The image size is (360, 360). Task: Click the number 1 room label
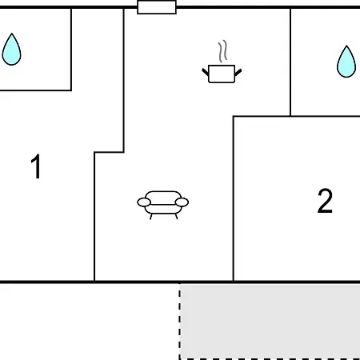click(x=36, y=166)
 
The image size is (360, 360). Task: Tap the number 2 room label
click(x=325, y=201)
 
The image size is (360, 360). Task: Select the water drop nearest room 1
click(x=11, y=50)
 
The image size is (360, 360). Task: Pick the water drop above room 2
click(x=346, y=62)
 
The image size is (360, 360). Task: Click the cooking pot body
click(x=222, y=74)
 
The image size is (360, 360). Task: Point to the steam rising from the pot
click(x=222, y=51)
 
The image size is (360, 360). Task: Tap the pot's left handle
click(x=206, y=72)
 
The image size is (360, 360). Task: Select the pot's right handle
click(x=238, y=73)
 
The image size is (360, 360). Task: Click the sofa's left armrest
click(x=144, y=202)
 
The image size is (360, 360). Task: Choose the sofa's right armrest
click(x=182, y=202)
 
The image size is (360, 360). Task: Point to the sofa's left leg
click(x=151, y=217)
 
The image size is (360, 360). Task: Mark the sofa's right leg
click(x=176, y=217)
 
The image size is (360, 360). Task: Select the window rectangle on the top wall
click(x=157, y=7)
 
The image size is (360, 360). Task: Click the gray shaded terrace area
click(x=270, y=322)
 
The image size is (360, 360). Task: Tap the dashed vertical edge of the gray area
click(x=180, y=322)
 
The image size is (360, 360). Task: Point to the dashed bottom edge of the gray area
click(x=270, y=359)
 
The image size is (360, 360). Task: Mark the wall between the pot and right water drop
click(x=290, y=62)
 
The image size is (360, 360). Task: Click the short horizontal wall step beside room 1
click(x=109, y=152)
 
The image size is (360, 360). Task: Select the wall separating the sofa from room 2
click(x=234, y=198)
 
